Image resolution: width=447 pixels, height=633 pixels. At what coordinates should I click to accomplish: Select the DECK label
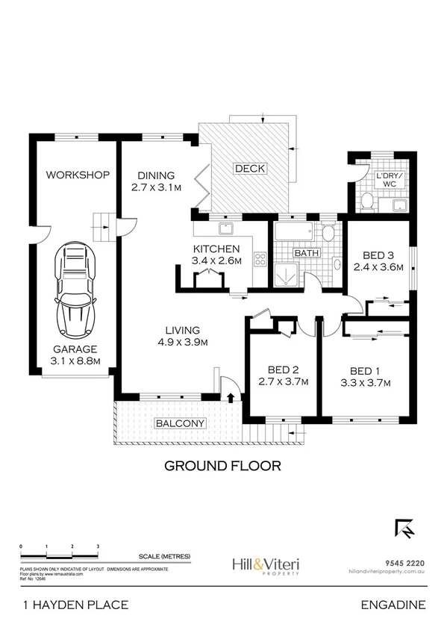coord(250,169)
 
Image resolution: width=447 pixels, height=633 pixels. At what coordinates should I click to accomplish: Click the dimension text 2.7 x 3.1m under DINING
coord(157,188)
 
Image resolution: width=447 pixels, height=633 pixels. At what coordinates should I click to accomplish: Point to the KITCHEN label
coord(216,249)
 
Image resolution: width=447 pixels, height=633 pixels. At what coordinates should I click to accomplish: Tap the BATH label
coord(307,254)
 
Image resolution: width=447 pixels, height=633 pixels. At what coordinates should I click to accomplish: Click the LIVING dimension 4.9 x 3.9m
coord(183,343)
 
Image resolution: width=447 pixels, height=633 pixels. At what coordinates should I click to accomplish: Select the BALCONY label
coord(179,423)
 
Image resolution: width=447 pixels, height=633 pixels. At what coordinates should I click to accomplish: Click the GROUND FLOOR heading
coord(222,466)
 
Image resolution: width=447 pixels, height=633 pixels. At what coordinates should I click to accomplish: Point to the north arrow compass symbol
coord(404,528)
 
